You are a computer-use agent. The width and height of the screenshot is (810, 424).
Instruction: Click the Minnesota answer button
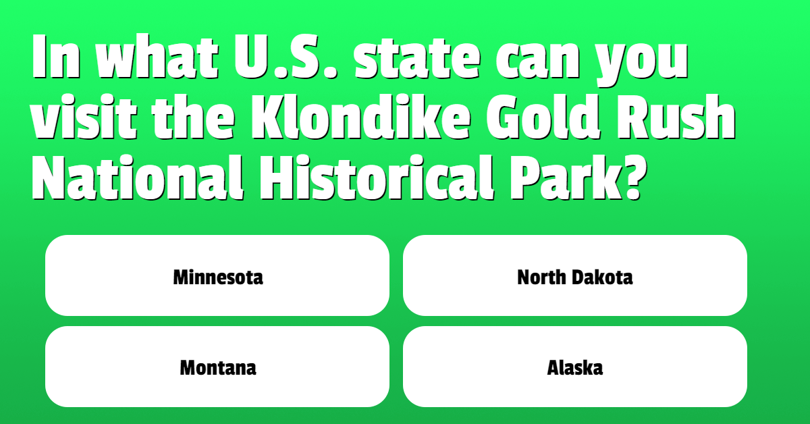(x=217, y=275)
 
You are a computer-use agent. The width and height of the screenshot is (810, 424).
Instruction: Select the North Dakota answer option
(x=575, y=275)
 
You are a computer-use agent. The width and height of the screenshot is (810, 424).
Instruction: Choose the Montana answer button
(x=217, y=367)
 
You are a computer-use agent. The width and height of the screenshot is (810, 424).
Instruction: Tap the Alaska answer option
(x=575, y=367)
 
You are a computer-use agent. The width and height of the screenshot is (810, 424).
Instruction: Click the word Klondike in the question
(x=360, y=117)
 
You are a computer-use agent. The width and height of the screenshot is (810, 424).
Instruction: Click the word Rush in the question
(x=676, y=117)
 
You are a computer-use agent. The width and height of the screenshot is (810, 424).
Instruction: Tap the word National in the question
(x=138, y=178)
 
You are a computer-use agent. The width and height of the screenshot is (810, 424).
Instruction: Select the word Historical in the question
(x=377, y=178)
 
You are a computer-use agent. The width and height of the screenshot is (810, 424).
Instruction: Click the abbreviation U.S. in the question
(x=286, y=56)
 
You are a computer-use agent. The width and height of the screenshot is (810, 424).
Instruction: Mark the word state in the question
(x=417, y=57)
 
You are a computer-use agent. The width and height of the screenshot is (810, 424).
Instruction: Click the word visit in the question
(x=84, y=117)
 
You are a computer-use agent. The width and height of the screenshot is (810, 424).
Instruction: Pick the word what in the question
(x=157, y=56)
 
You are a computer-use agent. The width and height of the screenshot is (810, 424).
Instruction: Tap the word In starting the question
(x=55, y=56)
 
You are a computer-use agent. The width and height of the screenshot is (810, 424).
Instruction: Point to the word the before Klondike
(x=194, y=117)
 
